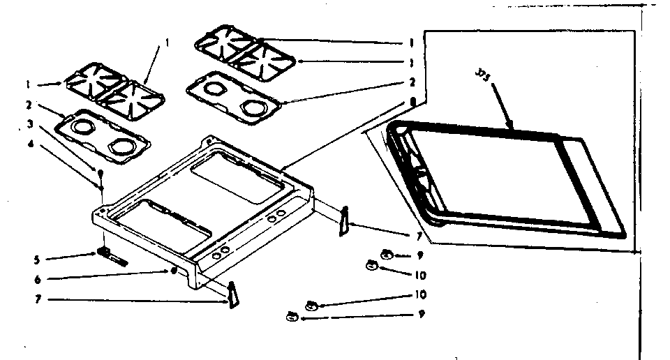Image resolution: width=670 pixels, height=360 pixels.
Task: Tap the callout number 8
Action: click(413, 102)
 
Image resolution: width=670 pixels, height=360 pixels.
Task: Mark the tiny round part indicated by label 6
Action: click(172, 271)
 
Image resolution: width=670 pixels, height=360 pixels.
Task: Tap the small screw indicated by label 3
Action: click(100, 172)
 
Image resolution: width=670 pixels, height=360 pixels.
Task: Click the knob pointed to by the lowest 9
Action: click(291, 317)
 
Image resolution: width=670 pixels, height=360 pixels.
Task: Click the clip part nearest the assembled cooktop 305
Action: click(343, 221)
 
